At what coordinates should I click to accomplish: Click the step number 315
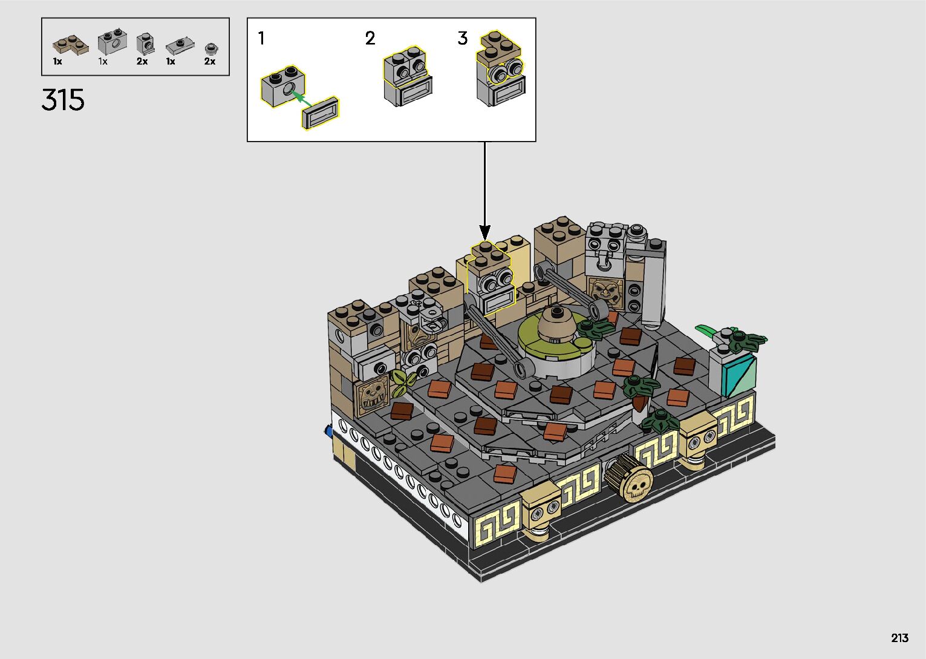63,100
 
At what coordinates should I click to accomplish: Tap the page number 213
899,638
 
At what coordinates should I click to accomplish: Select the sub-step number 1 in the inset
261,38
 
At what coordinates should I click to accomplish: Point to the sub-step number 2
370,38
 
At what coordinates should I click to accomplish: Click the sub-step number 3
463,38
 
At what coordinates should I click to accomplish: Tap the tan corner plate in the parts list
70,45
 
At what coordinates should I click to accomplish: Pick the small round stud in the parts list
211,49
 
